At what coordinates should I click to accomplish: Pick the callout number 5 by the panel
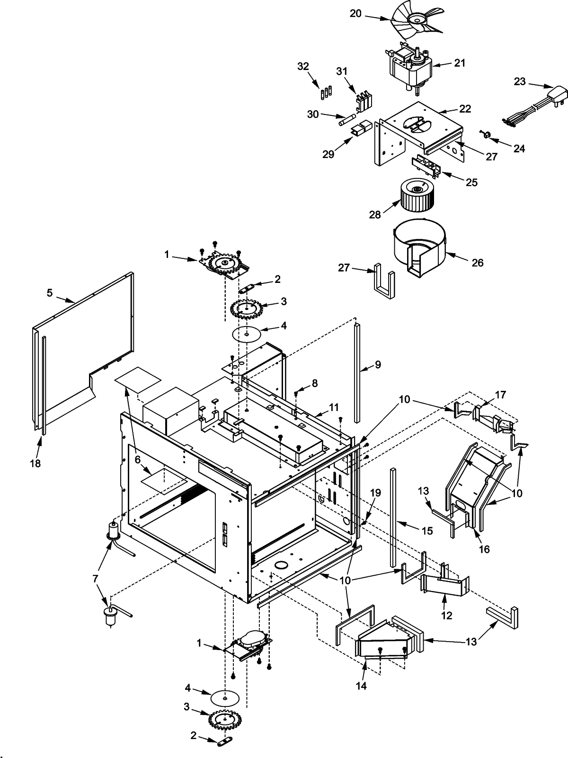coord(50,293)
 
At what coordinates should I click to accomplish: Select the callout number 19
coord(375,493)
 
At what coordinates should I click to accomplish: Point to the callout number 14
coord(361,686)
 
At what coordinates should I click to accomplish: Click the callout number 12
coord(446,616)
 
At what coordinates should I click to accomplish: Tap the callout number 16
coord(484,549)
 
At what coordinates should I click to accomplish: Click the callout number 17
coord(500,395)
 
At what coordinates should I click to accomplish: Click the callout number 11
coord(334,407)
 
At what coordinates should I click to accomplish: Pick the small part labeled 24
coord(485,135)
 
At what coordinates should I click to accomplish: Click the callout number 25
coord(472,182)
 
